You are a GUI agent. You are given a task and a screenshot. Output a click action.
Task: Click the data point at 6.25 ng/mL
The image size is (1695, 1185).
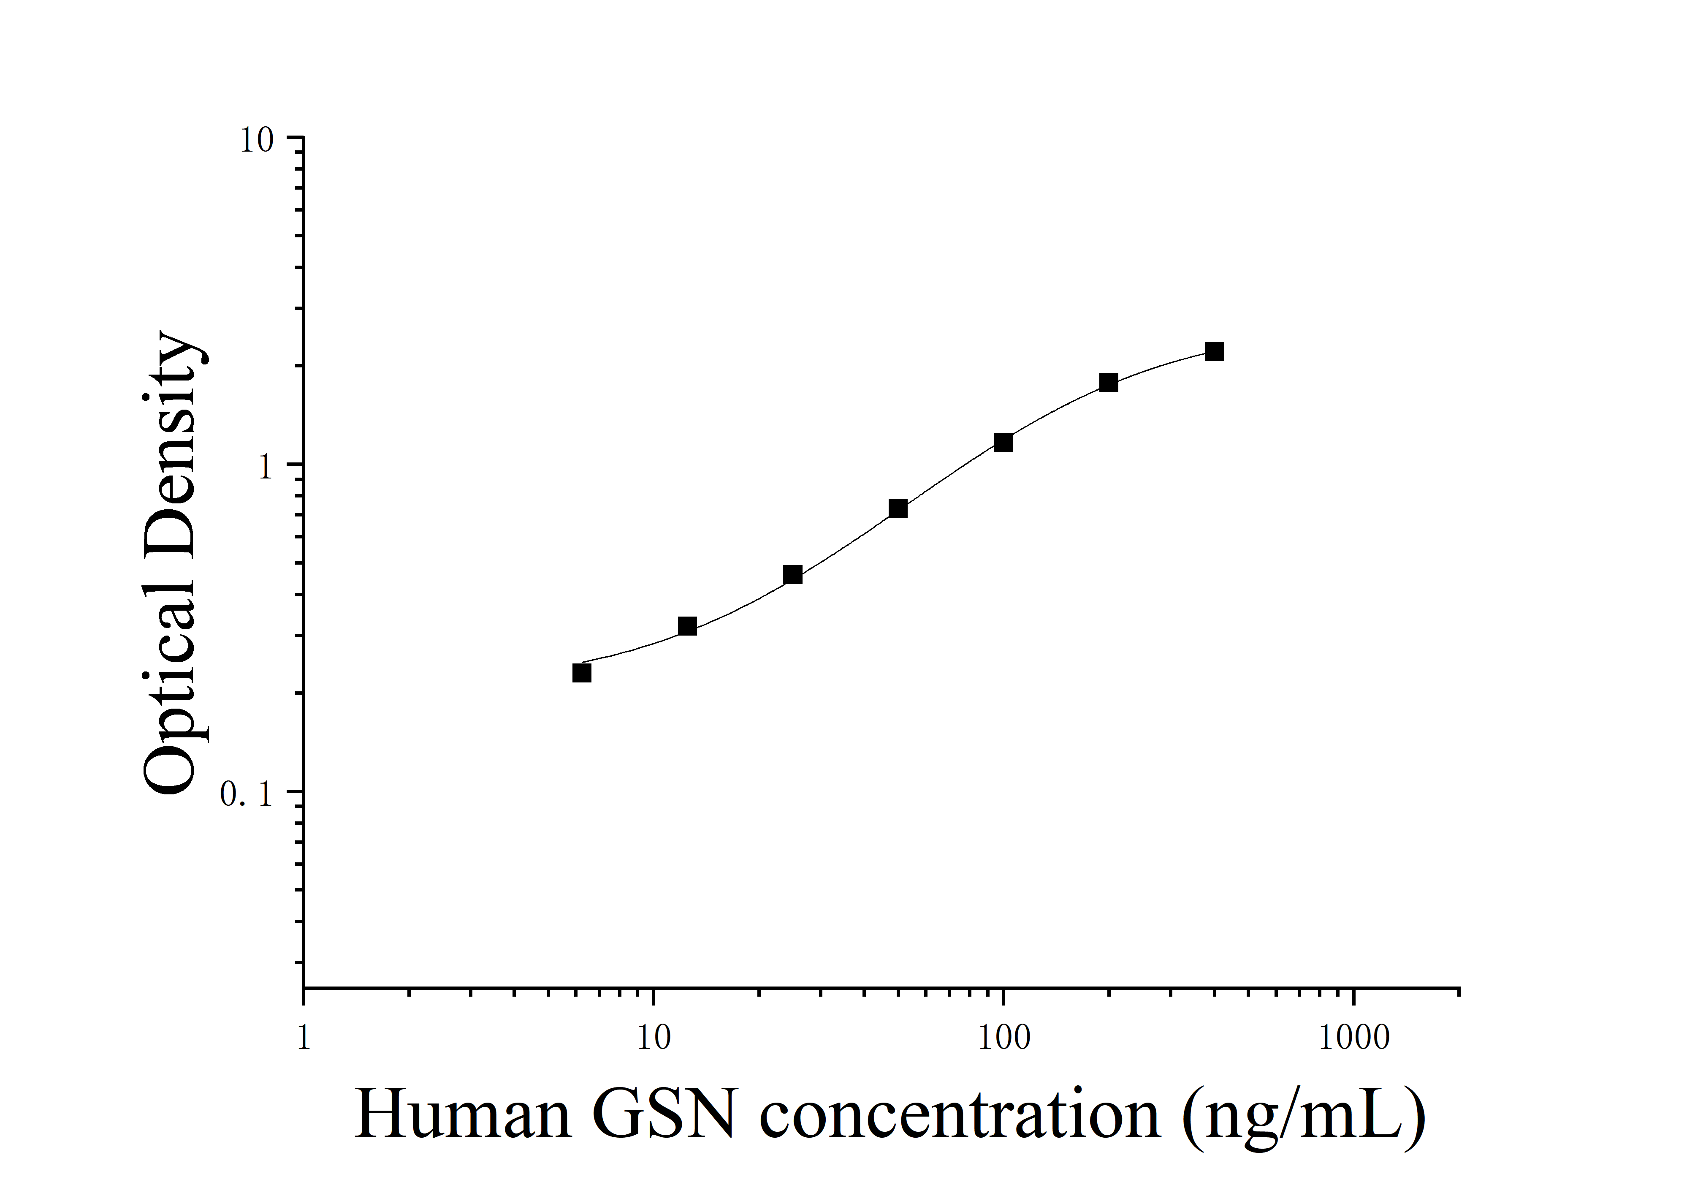[582, 673]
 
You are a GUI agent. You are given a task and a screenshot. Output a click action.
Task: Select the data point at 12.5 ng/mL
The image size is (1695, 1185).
[687, 626]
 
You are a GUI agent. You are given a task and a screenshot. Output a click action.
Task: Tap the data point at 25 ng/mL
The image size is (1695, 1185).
[793, 574]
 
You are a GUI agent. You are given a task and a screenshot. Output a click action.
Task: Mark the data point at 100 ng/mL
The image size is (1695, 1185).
[1003, 443]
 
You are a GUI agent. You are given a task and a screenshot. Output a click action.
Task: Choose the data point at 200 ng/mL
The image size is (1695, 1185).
[1109, 383]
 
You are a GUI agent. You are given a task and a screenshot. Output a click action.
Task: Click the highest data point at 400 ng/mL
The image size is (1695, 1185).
[1215, 351]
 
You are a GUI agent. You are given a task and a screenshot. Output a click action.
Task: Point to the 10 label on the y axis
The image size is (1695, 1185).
[256, 140]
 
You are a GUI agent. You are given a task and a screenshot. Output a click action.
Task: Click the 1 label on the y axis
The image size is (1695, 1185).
[266, 467]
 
